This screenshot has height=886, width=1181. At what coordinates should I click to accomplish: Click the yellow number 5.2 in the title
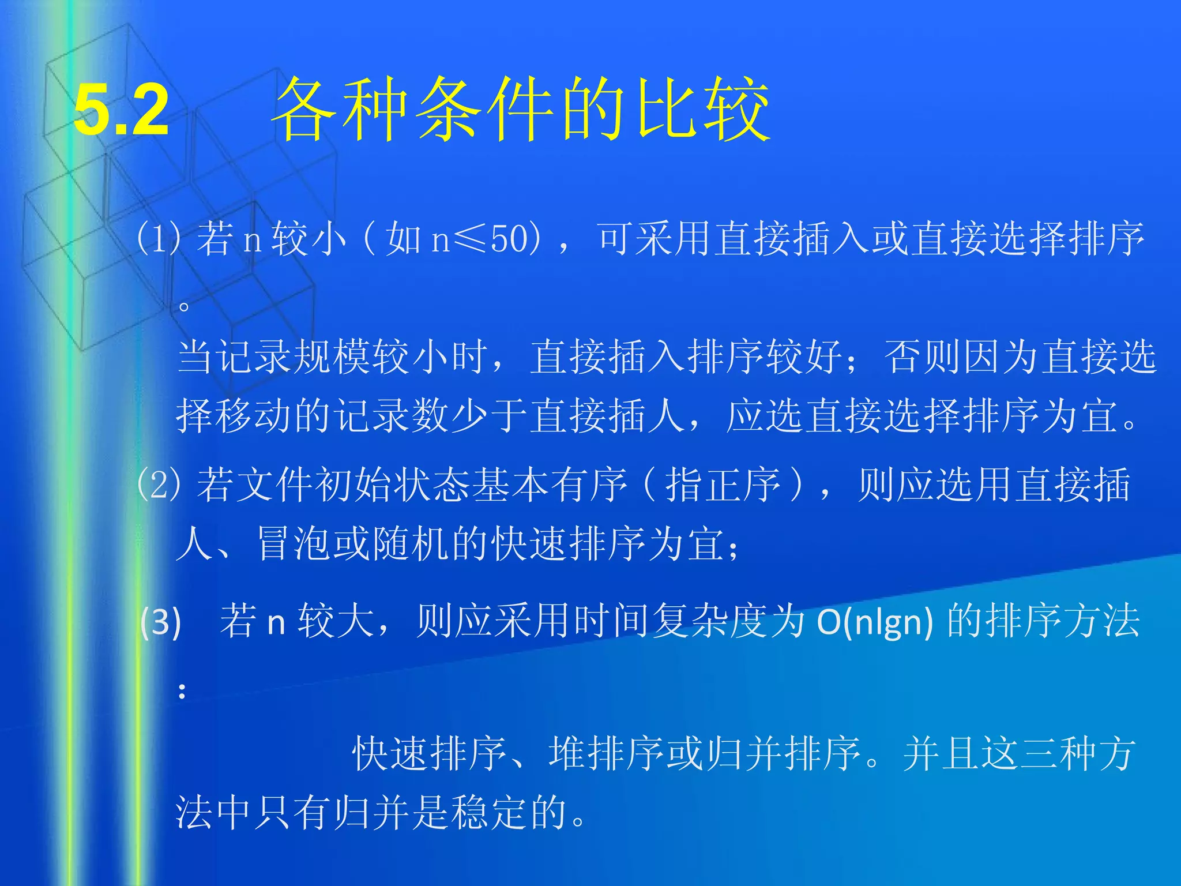(x=122, y=110)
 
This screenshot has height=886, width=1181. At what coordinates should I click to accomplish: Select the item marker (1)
(x=158, y=238)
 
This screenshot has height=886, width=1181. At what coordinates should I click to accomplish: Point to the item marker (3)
(x=161, y=622)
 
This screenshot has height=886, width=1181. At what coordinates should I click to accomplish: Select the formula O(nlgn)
(x=875, y=622)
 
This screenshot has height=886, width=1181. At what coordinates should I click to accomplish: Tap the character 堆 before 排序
(x=567, y=753)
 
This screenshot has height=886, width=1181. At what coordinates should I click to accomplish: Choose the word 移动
(x=254, y=415)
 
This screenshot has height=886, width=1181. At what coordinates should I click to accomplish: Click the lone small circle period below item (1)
(x=183, y=306)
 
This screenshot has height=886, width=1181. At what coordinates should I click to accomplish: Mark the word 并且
(x=941, y=753)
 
